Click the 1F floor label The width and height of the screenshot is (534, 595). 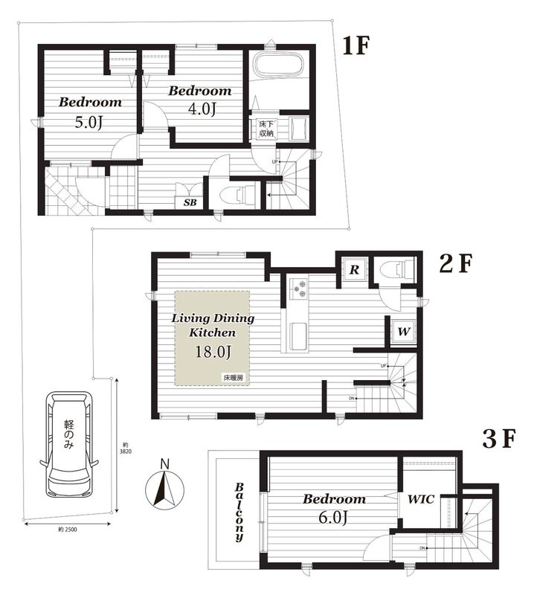356,45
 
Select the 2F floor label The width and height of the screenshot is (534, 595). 456,263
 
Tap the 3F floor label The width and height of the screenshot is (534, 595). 499,438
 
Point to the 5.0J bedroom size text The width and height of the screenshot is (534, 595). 89,123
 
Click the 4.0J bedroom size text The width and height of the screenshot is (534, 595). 202,109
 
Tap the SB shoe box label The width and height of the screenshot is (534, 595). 190,202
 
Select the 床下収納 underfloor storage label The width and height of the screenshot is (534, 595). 266,129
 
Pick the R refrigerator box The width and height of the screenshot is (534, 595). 354,269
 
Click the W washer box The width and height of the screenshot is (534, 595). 403,331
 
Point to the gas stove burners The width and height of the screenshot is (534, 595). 299,288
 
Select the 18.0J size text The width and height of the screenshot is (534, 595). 213,352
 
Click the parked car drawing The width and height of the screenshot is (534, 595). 68,444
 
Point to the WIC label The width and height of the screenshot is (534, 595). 421,499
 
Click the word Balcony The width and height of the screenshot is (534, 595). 239,512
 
